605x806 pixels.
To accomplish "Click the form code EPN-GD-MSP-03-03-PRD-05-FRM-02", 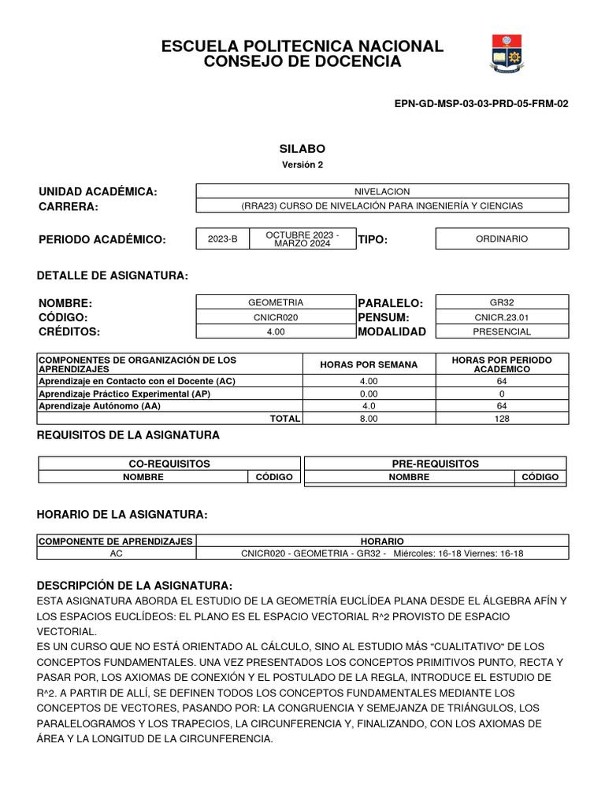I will pyautogui.click(x=481, y=103).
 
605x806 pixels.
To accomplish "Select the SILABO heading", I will pyautogui.click(x=302, y=149).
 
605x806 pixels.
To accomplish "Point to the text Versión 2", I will pyautogui.click(x=302, y=165).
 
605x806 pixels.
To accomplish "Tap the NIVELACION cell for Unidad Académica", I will pyautogui.click(x=382, y=191).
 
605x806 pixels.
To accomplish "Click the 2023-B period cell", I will pyautogui.click(x=222, y=239).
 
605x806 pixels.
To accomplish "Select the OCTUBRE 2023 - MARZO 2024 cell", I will pyautogui.click(x=302, y=239).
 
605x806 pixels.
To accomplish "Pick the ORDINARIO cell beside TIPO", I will pyautogui.click(x=502, y=238).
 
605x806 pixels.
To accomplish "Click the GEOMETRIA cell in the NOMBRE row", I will pyautogui.click(x=275, y=302).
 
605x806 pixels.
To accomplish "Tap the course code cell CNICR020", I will pyautogui.click(x=275, y=317).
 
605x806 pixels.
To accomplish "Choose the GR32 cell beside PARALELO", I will pyautogui.click(x=502, y=302).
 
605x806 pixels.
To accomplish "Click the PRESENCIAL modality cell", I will pyautogui.click(x=502, y=331).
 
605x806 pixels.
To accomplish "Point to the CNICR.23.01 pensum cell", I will pyautogui.click(x=502, y=317).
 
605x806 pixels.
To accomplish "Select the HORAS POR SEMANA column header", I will pyautogui.click(x=369, y=364).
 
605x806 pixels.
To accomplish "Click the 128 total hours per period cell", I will pyautogui.click(x=502, y=419).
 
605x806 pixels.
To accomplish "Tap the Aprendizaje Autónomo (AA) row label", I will pyautogui.click(x=99, y=405).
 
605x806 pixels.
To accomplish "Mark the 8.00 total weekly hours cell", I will pyautogui.click(x=369, y=419).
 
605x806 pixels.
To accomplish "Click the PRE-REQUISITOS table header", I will pyautogui.click(x=435, y=464).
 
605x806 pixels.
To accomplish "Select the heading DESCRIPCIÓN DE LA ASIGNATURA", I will pyautogui.click(x=135, y=586).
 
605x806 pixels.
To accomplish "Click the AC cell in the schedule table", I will pyautogui.click(x=117, y=553).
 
